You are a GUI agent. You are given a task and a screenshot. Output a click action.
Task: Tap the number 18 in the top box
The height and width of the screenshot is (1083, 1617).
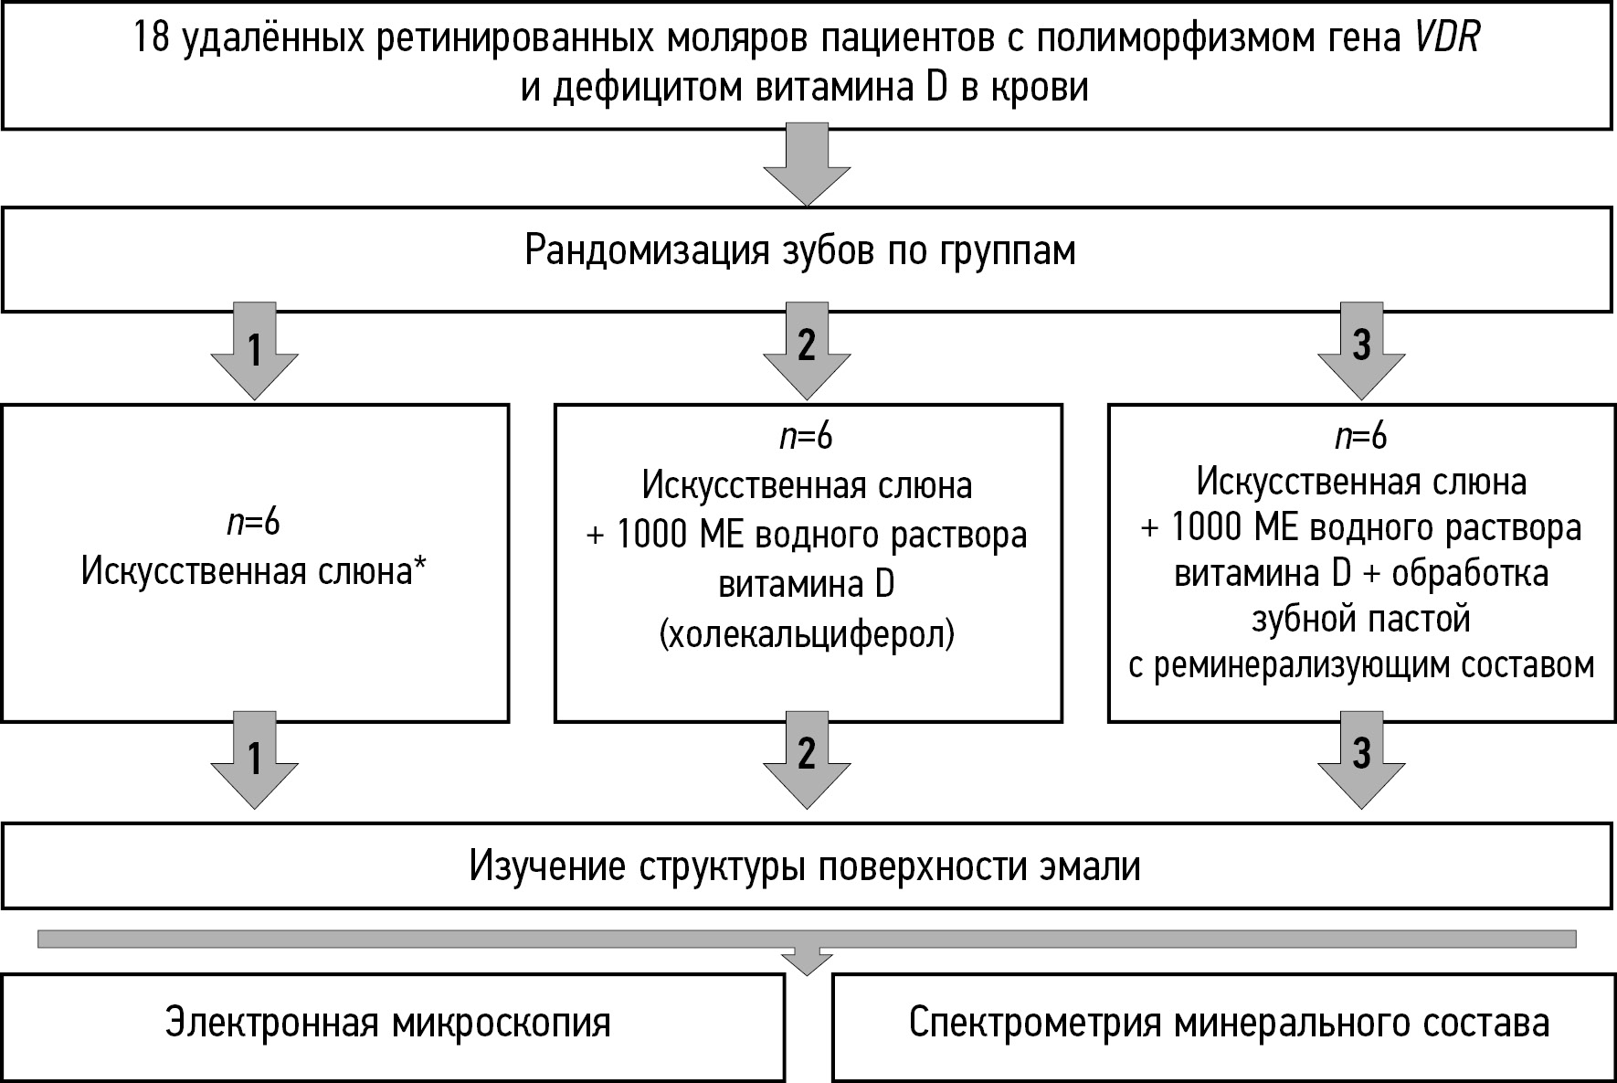click(152, 39)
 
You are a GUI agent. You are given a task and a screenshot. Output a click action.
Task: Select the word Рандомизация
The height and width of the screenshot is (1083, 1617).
click(648, 251)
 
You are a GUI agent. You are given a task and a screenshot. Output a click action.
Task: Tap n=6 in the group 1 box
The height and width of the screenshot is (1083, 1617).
click(254, 524)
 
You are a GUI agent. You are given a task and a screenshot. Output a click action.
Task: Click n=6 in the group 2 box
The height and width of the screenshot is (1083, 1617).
click(807, 438)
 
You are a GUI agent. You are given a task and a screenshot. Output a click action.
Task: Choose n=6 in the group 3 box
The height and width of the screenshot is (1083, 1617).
click(1361, 436)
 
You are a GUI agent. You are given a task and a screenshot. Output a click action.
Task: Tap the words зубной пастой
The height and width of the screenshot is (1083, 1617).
click(1361, 620)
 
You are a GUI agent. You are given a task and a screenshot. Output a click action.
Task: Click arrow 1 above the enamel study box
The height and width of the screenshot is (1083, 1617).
click(255, 760)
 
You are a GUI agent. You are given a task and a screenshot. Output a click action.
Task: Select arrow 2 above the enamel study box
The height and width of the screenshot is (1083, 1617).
click(807, 760)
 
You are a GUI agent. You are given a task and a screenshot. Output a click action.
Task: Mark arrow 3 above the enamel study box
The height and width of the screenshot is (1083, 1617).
click(1361, 760)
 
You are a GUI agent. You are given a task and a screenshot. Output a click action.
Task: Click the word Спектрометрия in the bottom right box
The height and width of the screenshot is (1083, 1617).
click(1036, 1025)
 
